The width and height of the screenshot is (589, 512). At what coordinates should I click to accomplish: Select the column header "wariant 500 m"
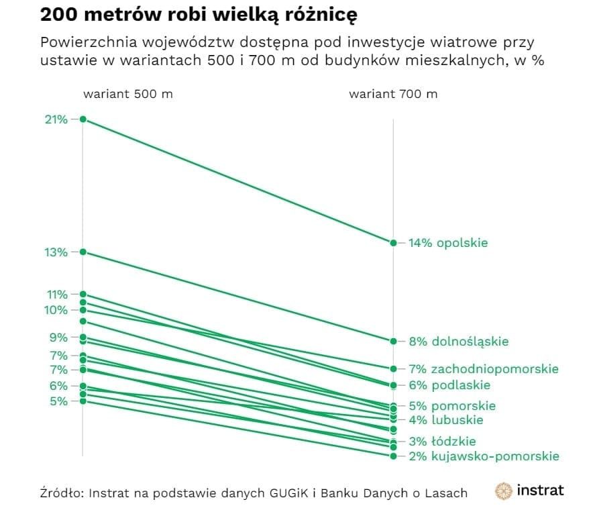127,94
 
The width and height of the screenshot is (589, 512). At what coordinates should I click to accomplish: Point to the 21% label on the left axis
56,119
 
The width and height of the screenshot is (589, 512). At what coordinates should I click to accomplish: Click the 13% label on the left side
56,252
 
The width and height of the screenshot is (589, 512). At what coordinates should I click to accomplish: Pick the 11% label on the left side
56,294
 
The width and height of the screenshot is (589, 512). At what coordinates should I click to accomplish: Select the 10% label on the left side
56,310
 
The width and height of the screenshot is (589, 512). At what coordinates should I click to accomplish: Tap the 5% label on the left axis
58,401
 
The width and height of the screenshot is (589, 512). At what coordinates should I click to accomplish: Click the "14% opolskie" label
448,243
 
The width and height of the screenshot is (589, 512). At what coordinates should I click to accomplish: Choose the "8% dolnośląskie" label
458,342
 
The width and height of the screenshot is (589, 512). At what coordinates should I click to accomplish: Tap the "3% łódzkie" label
442,442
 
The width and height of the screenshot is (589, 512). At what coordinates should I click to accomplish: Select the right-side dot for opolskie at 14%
394,243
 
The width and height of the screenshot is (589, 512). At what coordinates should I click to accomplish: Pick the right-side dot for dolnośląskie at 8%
394,342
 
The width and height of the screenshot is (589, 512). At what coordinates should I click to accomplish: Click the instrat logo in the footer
529,491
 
